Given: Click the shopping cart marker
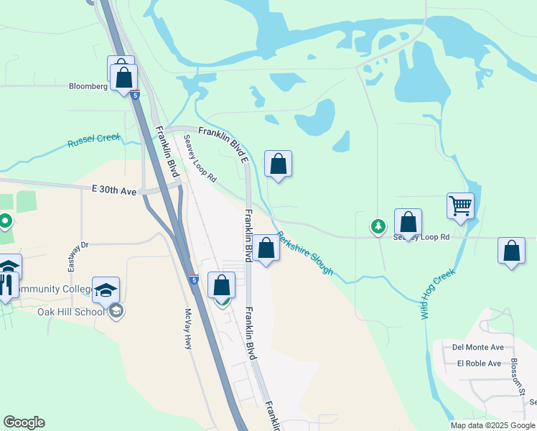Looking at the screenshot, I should click(x=459, y=205).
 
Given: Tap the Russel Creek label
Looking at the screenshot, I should click(x=94, y=141).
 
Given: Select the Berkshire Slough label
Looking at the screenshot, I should click(x=305, y=252).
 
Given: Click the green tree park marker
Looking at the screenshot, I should click(x=378, y=227).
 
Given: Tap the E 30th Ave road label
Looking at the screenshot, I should click(x=114, y=191).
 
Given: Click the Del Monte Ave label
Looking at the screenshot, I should click(x=477, y=347).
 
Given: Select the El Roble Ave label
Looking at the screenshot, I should click(x=479, y=363).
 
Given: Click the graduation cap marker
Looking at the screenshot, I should click(x=106, y=289).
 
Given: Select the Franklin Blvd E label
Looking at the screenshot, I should click(x=223, y=141).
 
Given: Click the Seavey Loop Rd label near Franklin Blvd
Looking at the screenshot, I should click(x=200, y=158).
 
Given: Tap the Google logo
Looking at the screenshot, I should click(x=24, y=422).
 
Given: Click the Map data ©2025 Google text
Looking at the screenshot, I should click(x=492, y=425).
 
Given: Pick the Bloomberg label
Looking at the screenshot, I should click(x=88, y=86).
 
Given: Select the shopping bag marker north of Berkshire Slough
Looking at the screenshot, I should click(x=278, y=164).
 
